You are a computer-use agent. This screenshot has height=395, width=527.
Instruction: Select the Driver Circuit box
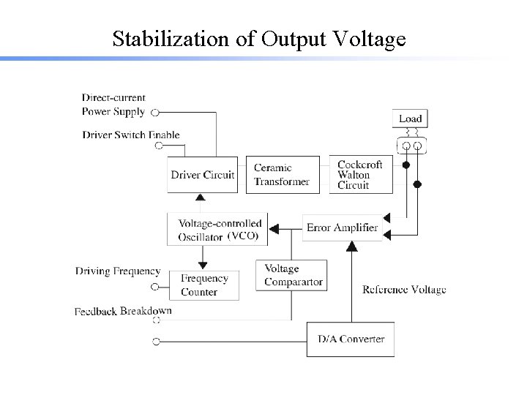(203, 175)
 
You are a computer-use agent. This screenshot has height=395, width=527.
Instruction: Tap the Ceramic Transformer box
(282, 175)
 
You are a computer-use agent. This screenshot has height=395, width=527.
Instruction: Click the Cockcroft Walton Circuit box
(360, 175)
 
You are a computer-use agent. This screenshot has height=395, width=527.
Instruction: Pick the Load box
(410, 118)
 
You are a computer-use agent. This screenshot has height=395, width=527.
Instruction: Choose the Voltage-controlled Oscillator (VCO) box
(218, 230)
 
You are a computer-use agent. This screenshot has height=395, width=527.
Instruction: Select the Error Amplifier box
(342, 227)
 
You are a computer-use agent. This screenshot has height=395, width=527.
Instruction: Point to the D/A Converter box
(350, 339)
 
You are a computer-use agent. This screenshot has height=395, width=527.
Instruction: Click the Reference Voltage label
(404, 290)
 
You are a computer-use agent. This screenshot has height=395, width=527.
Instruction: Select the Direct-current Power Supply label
(113, 105)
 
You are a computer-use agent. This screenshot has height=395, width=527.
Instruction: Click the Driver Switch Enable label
(131, 135)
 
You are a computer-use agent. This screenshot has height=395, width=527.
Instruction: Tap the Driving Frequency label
(118, 271)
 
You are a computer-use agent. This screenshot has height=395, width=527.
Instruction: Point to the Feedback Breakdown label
(123, 311)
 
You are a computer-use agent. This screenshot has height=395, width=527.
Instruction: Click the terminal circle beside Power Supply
(154, 113)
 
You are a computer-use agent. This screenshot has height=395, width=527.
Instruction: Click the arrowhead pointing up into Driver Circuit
(200, 197)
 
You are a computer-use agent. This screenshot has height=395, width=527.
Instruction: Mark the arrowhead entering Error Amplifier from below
(351, 247)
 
